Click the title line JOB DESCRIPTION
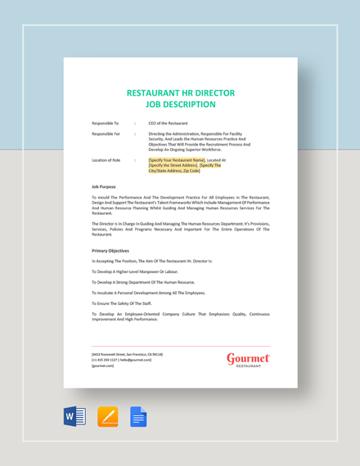(x=180, y=105)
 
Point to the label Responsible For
(x=106, y=133)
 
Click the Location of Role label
(x=106, y=160)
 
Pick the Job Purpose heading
(x=104, y=187)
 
